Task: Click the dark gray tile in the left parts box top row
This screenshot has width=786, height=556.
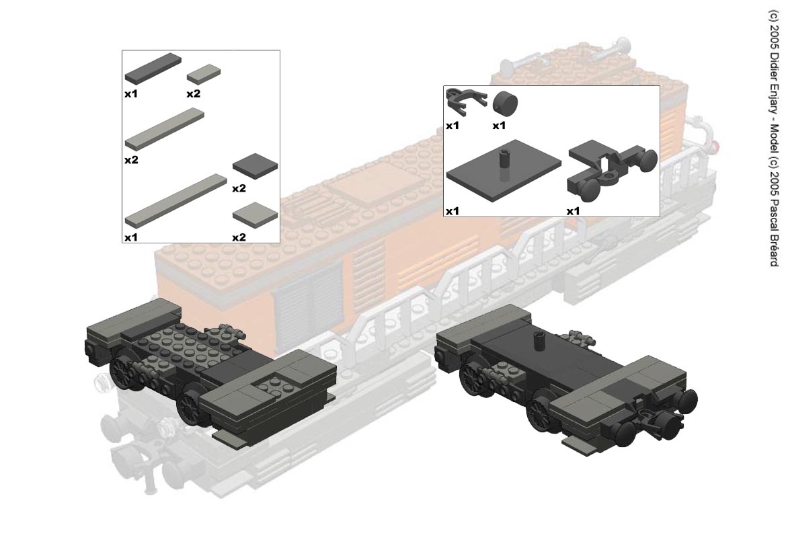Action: click(x=153, y=68)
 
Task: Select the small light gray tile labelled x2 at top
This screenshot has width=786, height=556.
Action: click(x=204, y=74)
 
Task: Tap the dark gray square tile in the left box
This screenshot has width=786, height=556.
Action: click(x=255, y=166)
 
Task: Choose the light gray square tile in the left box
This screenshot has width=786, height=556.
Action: click(x=255, y=215)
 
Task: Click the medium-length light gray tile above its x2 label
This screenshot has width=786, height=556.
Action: click(x=165, y=130)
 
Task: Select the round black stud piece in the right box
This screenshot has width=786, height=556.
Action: click(x=506, y=104)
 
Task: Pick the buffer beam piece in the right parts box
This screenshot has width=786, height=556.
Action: click(x=612, y=169)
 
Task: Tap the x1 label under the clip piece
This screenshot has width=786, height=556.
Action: click(x=453, y=125)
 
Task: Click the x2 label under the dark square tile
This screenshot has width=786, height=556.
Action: click(x=239, y=188)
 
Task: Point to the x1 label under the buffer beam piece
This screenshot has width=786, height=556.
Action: click(x=573, y=211)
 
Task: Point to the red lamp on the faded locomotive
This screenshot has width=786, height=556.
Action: click(x=716, y=147)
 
